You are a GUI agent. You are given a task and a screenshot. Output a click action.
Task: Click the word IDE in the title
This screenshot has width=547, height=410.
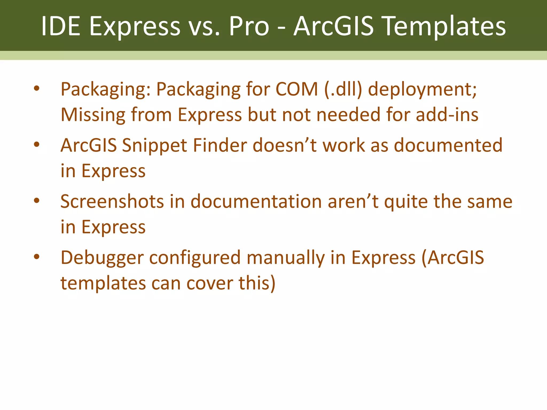tap(61, 26)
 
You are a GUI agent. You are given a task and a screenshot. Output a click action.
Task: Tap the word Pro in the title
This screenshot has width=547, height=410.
tap(249, 26)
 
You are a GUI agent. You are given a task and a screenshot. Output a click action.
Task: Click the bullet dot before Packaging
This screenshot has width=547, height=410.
tap(37, 88)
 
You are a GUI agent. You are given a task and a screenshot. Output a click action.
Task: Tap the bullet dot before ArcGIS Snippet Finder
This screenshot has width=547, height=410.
tap(37, 145)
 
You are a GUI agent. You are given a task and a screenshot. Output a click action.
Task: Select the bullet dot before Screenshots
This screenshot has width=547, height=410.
tap(37, 201)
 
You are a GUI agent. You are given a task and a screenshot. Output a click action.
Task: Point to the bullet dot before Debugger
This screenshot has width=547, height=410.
tap(37, 257)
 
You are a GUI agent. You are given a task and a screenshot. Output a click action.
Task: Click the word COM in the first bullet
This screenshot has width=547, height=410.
tap(296, 89)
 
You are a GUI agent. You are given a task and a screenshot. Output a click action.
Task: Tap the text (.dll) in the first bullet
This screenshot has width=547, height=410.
tap(343, 89)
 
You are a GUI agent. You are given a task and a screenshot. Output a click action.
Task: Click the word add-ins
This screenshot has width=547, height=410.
tap(447, 115)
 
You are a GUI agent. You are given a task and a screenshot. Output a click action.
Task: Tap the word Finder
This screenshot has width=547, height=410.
tap(220, 145)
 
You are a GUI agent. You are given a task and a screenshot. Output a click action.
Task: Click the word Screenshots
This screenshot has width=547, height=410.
tap(112, 201)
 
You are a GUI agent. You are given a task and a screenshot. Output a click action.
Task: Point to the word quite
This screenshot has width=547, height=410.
tap(406, 202)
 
